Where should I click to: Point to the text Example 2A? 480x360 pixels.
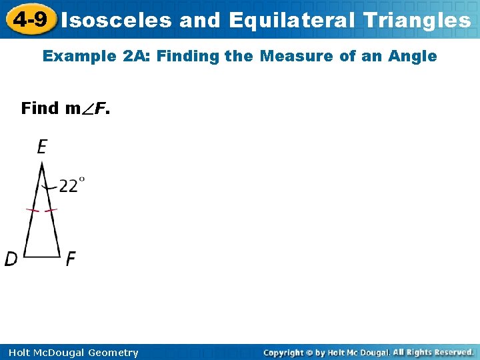click(96, 57)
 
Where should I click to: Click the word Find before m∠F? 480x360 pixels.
click(40, 108)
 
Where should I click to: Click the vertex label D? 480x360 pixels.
click(11, 259)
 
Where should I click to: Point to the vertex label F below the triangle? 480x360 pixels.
click(71, 259)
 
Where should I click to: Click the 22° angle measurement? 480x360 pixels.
click(71, 185)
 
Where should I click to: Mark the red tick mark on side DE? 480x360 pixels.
click(32, 211)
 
